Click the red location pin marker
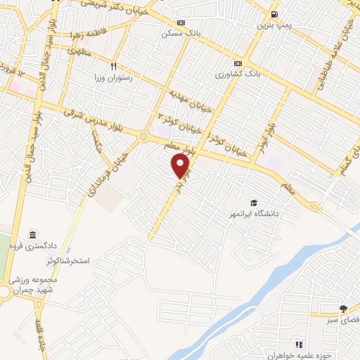(x=181, y=166)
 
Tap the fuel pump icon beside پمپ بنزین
(x=274, y=14)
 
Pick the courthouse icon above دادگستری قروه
(x=32, y=235)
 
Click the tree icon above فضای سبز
(x=343, y=308)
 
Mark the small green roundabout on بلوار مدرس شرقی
(x=143, y=136)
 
